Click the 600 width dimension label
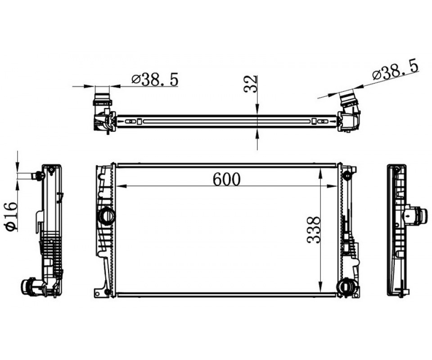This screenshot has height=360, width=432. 226,179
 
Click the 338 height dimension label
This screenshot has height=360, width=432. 314,229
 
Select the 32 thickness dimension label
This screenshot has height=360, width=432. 251,84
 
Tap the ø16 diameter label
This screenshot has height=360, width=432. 11,216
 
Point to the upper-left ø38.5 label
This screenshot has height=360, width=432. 155,80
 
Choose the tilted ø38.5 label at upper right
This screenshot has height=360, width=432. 396,70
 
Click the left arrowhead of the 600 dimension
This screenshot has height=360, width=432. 121,186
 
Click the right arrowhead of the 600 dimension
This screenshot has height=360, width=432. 332,186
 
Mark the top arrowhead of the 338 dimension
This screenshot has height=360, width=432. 320,173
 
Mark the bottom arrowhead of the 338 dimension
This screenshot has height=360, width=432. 320,287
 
